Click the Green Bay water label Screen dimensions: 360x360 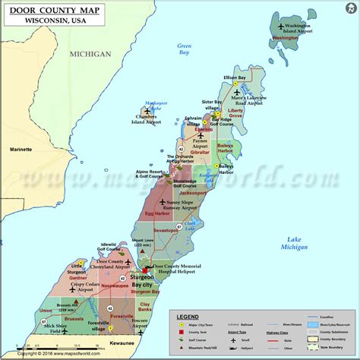coord(185,49)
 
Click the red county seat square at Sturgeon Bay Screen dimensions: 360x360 coord(144,270)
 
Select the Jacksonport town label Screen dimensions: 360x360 coord(192,193)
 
